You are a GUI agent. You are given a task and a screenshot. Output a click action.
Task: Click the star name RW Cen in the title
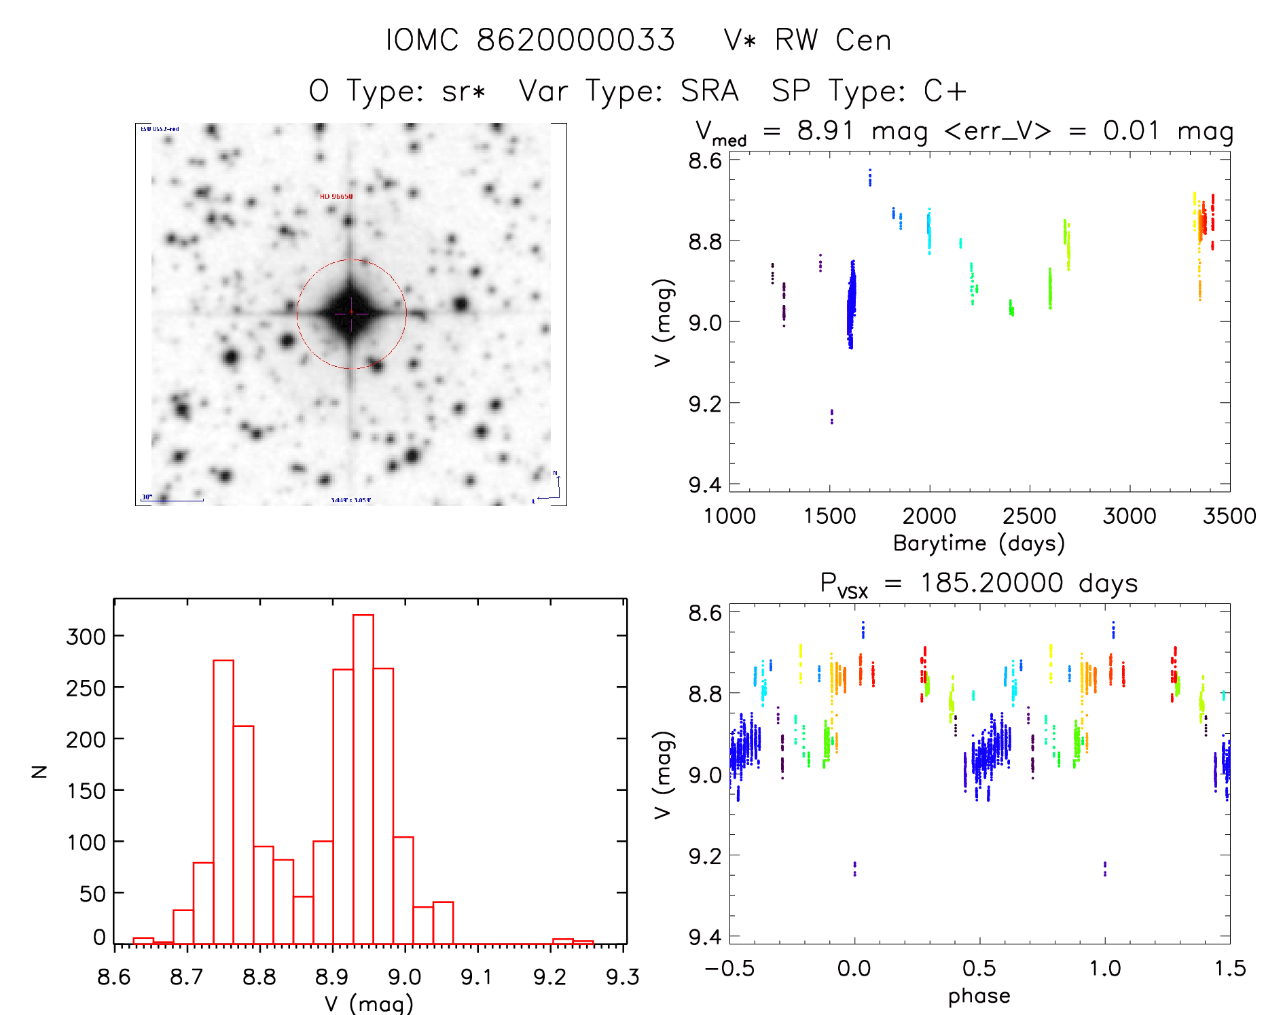tap(833, 40)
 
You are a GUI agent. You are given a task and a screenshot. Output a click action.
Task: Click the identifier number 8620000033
tap(576, 40)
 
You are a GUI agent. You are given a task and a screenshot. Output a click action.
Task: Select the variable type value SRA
tap(710, 91)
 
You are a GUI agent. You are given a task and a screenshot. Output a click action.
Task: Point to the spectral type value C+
tap(945, 91)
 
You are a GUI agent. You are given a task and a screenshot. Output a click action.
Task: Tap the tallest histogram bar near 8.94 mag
tap(363, 779)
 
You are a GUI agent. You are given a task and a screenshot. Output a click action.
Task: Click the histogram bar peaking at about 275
tap(223, 802)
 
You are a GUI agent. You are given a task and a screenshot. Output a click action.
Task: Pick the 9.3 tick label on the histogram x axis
tap(622, 977)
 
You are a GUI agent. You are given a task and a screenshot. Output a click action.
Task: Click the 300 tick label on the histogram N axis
tap(86, 637)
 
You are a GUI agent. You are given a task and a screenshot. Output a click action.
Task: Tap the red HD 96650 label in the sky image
tap(336, 196)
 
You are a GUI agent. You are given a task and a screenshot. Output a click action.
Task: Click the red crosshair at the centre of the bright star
tap(351, 313)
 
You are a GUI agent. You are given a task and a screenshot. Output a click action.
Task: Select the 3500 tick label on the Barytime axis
tap(1229, 516)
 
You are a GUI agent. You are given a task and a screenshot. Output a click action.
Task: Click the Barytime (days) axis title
tap(979, 544)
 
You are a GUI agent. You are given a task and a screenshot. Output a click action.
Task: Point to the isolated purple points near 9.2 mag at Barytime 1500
tap(832, 416)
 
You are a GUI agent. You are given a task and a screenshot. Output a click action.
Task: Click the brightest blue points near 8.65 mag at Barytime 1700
tap(870, 177)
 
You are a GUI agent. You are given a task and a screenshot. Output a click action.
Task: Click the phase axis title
tap(979, 996)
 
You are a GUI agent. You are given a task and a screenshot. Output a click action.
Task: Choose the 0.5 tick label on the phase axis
tap(979, 968)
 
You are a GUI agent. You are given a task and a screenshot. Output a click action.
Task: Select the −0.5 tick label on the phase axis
tap(729, 968)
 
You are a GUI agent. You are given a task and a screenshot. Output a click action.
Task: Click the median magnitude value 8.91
tap(825, 130)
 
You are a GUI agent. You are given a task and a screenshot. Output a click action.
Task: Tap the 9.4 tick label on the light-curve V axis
tap(705, 484)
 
